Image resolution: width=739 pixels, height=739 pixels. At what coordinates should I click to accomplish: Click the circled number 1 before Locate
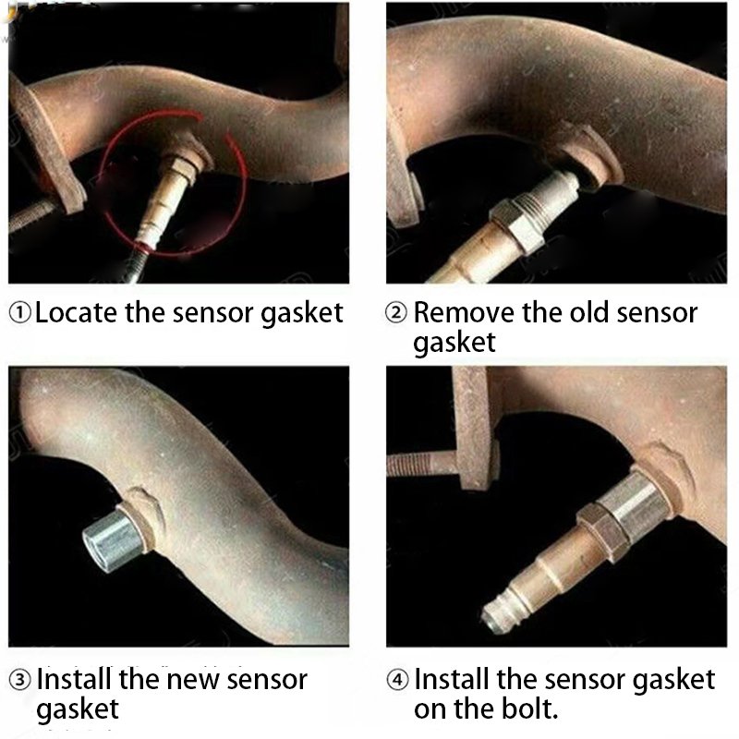point(20,313)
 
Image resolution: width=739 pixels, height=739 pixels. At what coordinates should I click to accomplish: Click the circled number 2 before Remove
point(396,313)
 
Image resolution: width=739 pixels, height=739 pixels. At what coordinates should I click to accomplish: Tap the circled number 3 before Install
point(20,680)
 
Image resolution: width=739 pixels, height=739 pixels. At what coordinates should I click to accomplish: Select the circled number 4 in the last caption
point(397,680)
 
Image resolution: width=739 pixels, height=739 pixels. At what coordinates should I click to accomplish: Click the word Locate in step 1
point(76,312)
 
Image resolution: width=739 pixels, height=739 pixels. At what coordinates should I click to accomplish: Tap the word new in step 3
point(191,680)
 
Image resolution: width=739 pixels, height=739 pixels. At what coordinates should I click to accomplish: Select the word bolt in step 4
point(526,709)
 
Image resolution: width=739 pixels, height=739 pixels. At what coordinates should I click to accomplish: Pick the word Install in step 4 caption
point(452,679)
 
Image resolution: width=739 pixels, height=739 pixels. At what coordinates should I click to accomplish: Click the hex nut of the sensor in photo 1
point(184,171)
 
